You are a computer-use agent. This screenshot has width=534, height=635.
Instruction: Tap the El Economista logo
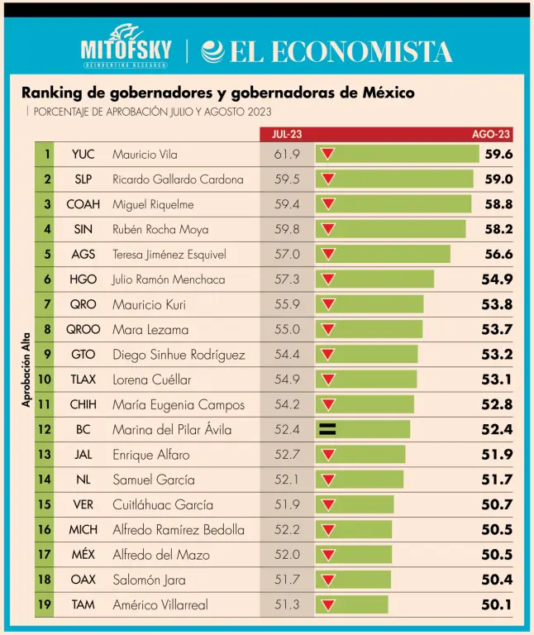coord(327,52)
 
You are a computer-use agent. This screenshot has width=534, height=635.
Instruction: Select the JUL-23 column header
coord(288,134)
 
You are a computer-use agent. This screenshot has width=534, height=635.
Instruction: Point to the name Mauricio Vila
coord(145,155)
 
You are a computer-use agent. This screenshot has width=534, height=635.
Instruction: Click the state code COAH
coord(83,204)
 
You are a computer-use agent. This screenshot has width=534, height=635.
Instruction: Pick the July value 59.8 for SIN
coord(287,229)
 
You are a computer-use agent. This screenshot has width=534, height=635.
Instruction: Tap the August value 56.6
coord(498,254)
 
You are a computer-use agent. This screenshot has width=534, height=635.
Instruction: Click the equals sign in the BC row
coord(328,429)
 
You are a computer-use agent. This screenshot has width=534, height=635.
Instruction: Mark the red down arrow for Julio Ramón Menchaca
coord(328,279)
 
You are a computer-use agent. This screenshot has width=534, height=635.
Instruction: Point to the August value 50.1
coord(498,604)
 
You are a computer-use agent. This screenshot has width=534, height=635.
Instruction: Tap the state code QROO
coord(83,329)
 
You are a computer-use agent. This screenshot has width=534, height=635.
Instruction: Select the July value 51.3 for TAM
coord(287,604)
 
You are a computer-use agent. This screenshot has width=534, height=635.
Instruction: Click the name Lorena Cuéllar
coord(151,380)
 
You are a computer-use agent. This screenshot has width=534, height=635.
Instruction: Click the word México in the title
coord(389,93)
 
